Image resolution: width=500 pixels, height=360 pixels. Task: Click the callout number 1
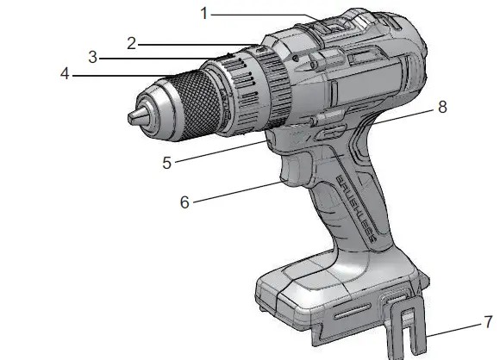203,14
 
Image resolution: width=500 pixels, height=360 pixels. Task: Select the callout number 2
131,43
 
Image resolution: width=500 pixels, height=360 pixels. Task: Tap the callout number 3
92,58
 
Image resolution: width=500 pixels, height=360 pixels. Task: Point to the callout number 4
65,74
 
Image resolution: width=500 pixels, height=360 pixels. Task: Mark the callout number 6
184,202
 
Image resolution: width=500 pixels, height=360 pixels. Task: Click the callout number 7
488,323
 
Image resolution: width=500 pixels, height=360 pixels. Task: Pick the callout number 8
443,108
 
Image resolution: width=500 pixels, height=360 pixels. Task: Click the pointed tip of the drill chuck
131,115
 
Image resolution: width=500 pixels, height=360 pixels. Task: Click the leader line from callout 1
259,14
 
